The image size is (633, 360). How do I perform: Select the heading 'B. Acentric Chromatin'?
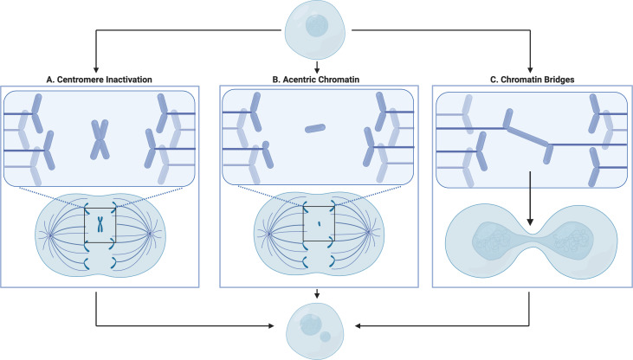coord(317,80)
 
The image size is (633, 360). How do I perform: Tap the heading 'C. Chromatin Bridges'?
coord(531,80)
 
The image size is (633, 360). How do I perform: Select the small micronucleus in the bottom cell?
coord(326,335)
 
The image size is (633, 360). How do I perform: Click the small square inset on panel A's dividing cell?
coord(101,225)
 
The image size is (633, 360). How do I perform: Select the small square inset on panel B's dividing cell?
coord(317,225)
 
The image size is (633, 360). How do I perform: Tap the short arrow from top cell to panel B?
coord(317,66)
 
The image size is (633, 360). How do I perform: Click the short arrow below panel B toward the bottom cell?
coord(317,295)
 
